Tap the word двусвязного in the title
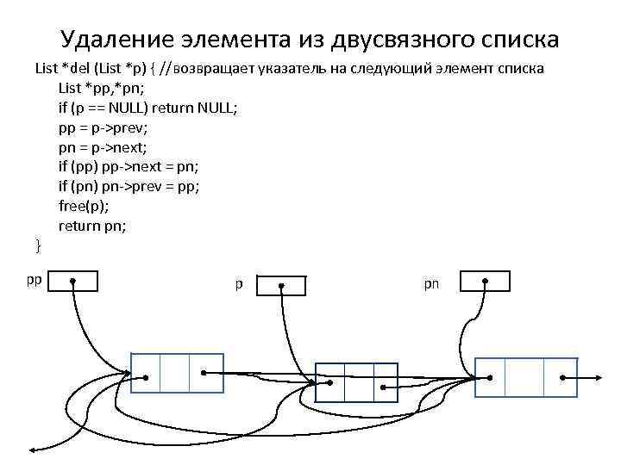384,40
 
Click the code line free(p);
83,207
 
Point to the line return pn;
92,226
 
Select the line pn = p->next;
101,146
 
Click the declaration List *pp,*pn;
97,87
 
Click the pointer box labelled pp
73,281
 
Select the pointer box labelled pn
485,281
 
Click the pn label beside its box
431,283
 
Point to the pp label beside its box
34,279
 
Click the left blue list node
177,375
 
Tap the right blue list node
526,377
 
